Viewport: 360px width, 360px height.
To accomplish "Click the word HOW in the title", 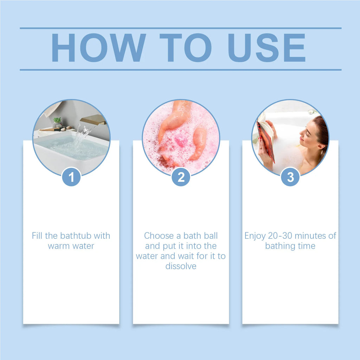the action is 98,47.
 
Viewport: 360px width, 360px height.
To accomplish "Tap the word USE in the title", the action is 267,47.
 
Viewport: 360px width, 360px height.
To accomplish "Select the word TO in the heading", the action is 186,47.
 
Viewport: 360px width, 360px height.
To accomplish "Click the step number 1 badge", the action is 71,177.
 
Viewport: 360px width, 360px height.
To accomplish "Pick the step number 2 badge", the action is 181,177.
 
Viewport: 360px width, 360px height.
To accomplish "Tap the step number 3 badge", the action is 290,177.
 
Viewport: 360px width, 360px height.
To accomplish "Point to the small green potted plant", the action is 57,122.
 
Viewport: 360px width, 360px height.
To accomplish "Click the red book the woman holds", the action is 266,141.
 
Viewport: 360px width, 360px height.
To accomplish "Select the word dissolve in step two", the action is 181,266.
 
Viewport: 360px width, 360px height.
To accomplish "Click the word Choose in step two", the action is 159,236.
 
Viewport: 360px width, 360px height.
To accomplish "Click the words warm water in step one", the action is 71,246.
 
